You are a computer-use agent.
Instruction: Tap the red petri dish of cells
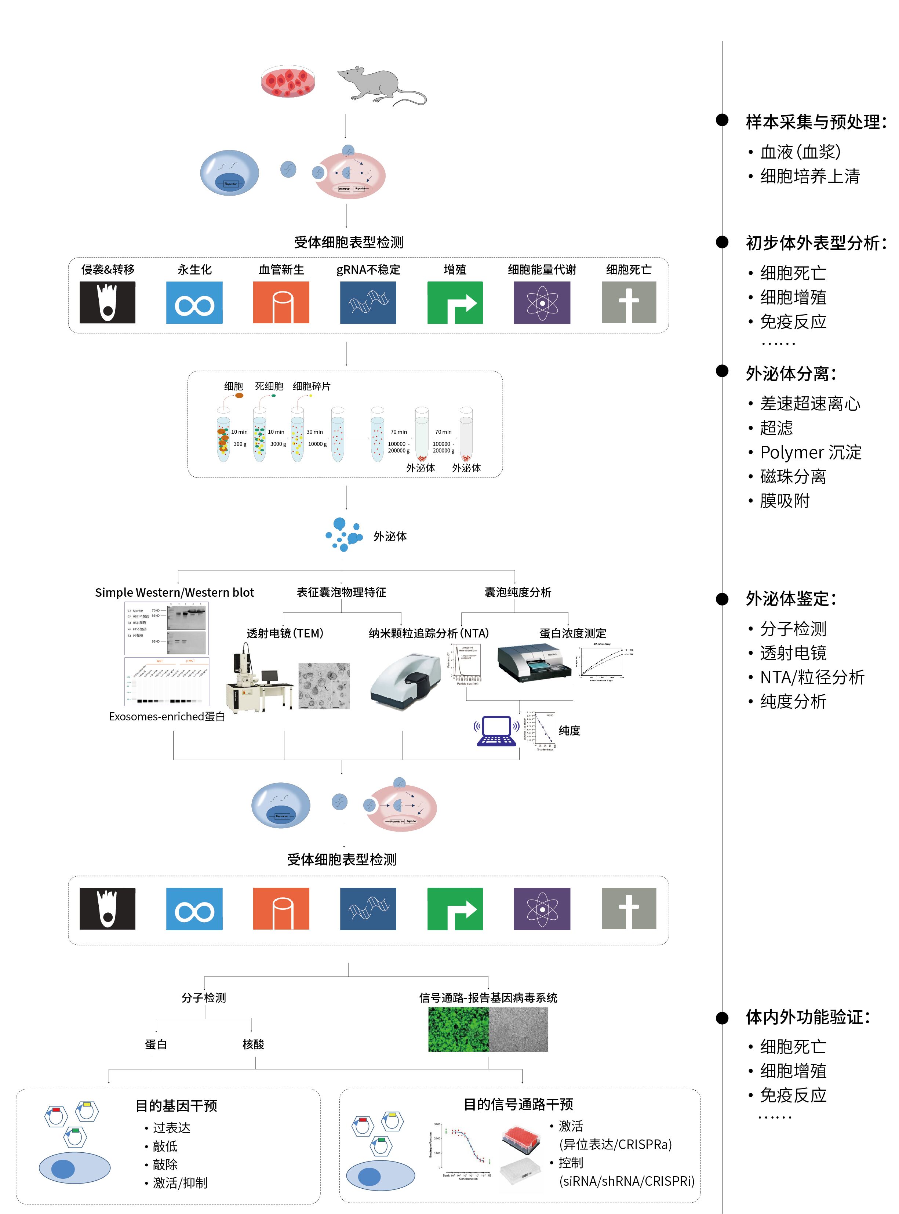point(288,81)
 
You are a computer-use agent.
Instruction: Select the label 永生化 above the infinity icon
point(194,269)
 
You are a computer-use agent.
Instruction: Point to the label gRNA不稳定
point(368,269)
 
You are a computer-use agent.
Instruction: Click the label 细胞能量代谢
point(542,269)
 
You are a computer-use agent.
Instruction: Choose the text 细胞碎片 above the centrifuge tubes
point(311,386)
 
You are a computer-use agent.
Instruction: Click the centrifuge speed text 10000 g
point(317,444)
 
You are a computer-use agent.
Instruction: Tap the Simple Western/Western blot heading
point(174,592)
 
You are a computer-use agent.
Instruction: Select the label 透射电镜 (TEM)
point(285,633)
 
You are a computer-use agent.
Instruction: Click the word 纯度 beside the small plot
point(569,730)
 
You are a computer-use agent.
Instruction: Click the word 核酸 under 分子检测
point(253,1044)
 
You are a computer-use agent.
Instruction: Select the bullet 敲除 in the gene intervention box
point(165,1164)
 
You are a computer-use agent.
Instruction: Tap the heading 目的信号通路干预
point(518,1104)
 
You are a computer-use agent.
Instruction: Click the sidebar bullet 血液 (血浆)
point(800,152)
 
